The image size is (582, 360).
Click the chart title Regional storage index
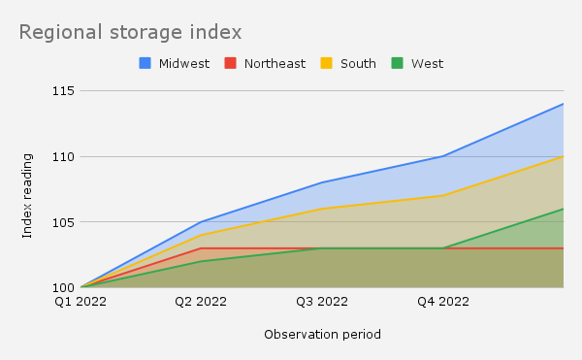tap(130, 32)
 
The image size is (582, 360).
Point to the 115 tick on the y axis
tap(65, 91)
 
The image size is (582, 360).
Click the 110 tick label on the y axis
tap(65, 156)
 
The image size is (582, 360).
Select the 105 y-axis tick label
tap(65, 222)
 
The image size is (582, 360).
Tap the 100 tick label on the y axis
tap(65, 287)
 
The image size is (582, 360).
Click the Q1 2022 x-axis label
tap(81, 302)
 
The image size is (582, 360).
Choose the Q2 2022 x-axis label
tap(202, 302)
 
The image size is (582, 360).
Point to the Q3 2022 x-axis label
tap(322, 302)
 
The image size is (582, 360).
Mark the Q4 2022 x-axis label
tap(442, 302)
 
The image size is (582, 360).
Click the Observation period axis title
tap(322, 335)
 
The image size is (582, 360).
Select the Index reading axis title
tap(28, 195)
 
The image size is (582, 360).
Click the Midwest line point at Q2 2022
tap(202, 222)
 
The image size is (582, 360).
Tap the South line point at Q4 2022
tap(442, 196)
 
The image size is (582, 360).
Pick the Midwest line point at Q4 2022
tap(442, 156)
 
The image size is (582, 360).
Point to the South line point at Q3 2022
tap(322, 209)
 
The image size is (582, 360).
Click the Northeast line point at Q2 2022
tap(202, 248)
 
